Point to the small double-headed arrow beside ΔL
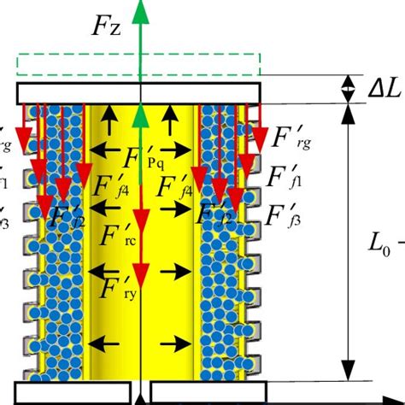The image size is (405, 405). click(348, 89)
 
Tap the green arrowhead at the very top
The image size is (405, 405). click(138, 10)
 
